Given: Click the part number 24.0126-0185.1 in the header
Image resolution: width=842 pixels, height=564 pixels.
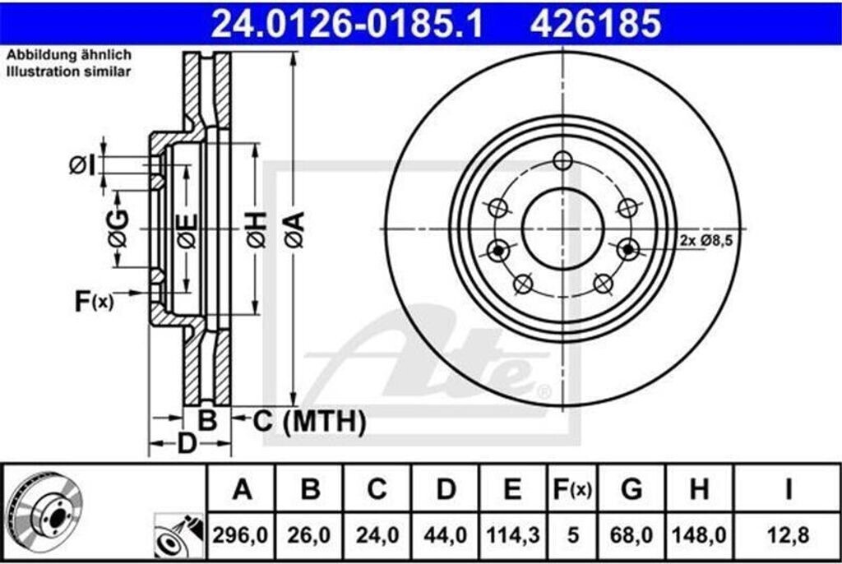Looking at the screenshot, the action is pos(347,24).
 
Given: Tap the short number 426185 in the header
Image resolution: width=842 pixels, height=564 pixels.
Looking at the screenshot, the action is pos(595,24).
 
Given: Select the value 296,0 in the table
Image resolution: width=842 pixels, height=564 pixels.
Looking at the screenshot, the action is pos(240,535).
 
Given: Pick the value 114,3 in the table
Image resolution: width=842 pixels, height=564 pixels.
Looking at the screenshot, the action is pos(512,535).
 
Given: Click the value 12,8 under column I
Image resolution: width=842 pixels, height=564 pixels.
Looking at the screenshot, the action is pos(789,535).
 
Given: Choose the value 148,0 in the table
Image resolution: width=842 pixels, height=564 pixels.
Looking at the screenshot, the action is pos(699,535).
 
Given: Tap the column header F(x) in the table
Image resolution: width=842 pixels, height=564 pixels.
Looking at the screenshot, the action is pos(572,489).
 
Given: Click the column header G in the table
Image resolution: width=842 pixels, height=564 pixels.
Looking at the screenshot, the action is pos(631,489).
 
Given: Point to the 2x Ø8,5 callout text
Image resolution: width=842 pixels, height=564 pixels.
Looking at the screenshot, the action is pos(706,240).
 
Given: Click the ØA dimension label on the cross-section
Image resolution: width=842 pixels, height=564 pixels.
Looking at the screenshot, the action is pos(295,229).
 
